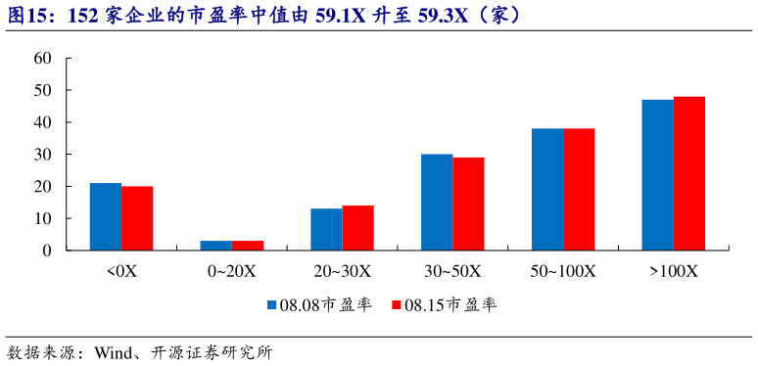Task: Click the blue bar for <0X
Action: coord(106,216)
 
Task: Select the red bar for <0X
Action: coord(137,218)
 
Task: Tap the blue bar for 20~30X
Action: coord(326,229)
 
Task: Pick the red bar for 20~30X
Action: coord(357,228)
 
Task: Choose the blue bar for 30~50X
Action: coord(437,202)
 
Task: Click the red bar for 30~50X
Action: coord(468,204)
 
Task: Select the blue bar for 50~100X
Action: coord(547,189)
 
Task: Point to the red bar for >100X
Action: coord(689,173)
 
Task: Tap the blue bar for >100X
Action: coord(657,175)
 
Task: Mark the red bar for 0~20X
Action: coord(247,246)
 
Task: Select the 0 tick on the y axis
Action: coord(47,251)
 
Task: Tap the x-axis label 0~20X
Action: coord(231,271)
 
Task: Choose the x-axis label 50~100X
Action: coord(563,271)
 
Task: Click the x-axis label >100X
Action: coord(673,271)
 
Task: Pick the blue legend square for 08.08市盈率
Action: coord(271,305)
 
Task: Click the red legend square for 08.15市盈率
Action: coord(397,305)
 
